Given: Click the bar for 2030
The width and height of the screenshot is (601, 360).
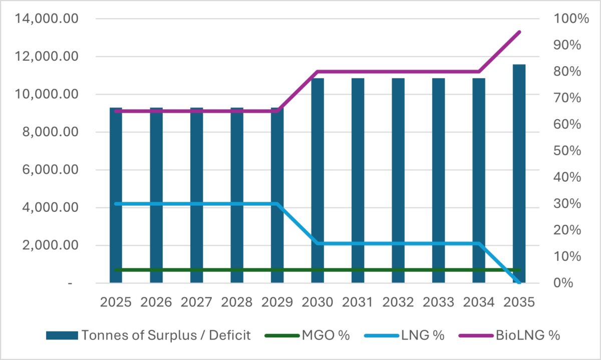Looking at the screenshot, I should pyautogui.click(x=318, y=180).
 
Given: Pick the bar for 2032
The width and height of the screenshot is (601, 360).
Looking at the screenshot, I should pyautogui.click(x=398, y=180).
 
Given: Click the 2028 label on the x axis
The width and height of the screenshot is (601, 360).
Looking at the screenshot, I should pyautogui.click(x=237, y=302).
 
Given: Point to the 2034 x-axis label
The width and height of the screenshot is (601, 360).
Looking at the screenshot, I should pyautogui.click(x=479, y=302).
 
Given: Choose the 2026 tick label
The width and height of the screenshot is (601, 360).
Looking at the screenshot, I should pyautogui.click(x=156, y=302).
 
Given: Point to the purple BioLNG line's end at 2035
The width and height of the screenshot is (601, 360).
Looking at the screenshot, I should pyautogui.click(x=519, y=32).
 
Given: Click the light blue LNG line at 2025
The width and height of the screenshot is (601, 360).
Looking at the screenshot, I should pyautogui.click(x=116, y=204).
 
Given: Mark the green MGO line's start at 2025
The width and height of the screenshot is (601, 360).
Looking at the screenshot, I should pyautogui.click(x=116, y=270).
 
